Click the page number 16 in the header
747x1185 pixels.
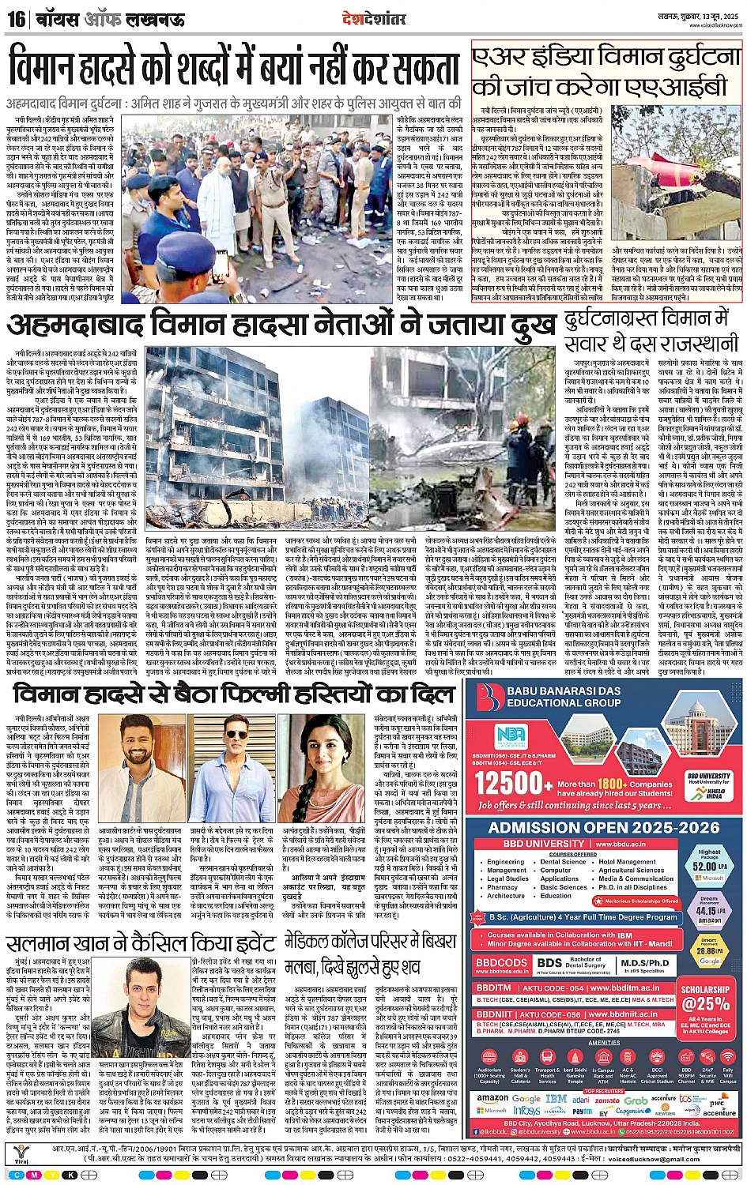point(16,18)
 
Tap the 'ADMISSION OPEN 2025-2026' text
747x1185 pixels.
point(604,828)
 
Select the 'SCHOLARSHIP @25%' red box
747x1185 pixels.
point(705,997)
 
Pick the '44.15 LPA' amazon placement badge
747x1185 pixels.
point(709,908)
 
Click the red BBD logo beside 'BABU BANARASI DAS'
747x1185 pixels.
point(492,696)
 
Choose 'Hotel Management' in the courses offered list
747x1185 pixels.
point(627,862)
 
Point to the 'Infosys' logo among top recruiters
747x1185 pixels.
point(526,1110)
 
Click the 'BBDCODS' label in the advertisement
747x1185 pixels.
point(501,963)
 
